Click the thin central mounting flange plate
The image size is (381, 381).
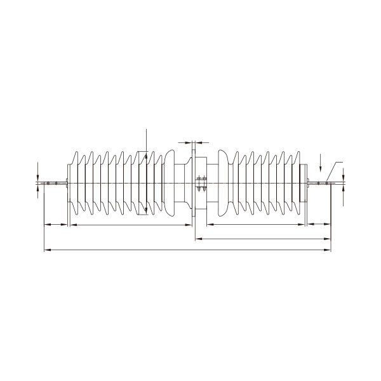coord(193,184)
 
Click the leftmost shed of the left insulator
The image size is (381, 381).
coord(77,184)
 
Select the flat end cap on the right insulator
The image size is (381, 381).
coord(304,184)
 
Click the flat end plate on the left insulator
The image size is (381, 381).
coord(69,184)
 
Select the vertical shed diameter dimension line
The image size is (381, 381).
coord(146,171)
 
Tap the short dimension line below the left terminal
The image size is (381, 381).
coord(55,224)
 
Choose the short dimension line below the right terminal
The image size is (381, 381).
coord(319,224)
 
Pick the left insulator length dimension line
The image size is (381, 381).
coord(130,224)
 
